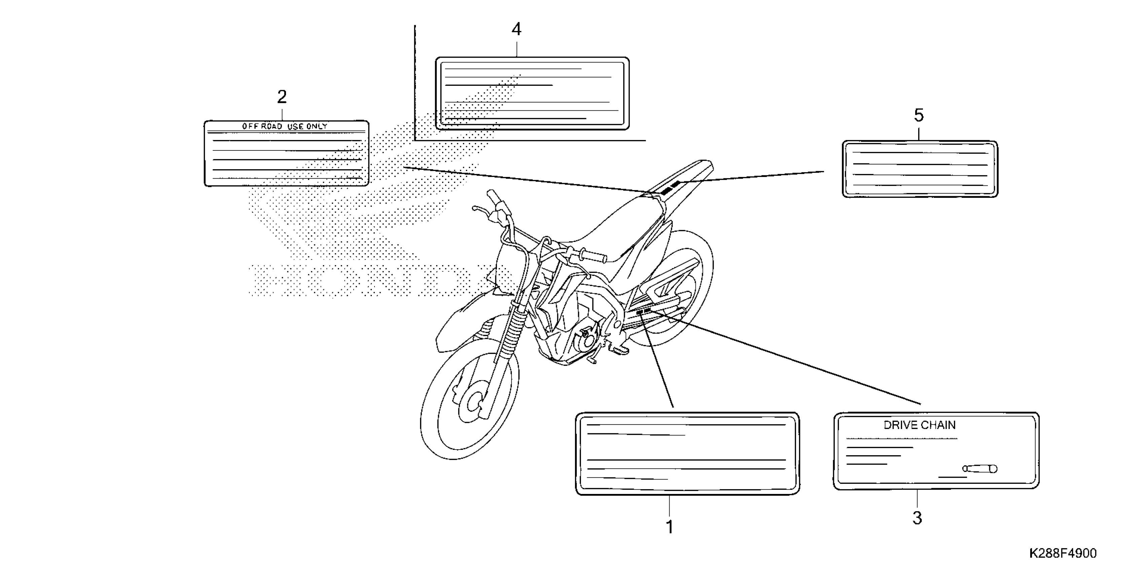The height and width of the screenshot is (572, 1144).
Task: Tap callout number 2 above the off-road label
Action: pyautogui.click(x=282, y=97)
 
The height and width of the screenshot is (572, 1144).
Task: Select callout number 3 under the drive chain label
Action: pyautogui.click(x=917, y=518)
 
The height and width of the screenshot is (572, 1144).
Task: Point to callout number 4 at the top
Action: pyautogui.click(x=516, y=29)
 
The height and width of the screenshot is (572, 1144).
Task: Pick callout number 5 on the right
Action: pyautogui.click(x=919, y=115)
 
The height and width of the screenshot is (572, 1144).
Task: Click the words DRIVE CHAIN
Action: pyautogui.click(x=919, y=425)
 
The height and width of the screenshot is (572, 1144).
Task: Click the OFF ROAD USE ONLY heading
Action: pyautogui.click(x=285, y=126)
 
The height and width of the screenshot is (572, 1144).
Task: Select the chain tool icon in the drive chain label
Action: pyautogui.click(x=980, y=468)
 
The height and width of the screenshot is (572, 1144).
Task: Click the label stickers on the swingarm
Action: pyautogui.click(x=643, y=312)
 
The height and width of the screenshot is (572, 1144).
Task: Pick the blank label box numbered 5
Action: pyautogui.click(x=920, y=169)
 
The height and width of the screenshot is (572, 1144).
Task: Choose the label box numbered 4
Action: pyautogui.click(x=532, y=93)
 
